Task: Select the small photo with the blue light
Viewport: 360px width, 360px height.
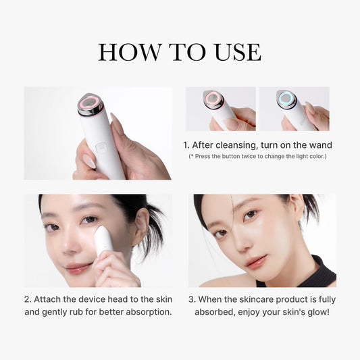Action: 294,108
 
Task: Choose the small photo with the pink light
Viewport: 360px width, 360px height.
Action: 221,108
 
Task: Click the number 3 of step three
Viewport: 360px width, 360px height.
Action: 192,299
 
